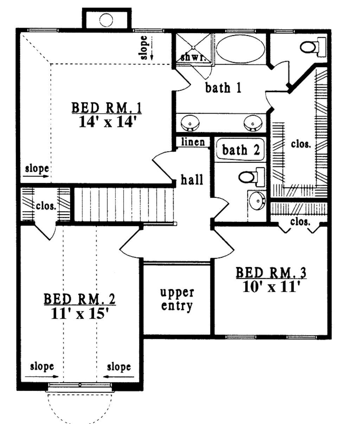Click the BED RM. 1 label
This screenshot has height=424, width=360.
tap(107, 107)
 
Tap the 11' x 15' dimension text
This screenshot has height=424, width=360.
tap(79, 313)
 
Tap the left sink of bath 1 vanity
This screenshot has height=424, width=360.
tap(190, 123)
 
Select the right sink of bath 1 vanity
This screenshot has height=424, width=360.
tap(253, 123)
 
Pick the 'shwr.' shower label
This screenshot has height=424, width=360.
tap(192, 58)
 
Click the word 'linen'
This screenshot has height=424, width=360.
tap(193, 142)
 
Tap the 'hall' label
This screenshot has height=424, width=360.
tap(192, 180)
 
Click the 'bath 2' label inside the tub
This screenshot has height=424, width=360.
tap(241, 150)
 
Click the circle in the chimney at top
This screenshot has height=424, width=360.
tap(106, 19)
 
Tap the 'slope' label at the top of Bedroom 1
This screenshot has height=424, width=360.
tap(144, 47)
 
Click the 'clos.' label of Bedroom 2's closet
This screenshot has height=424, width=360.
tap(46, 206)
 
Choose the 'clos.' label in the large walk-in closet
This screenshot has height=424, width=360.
tap(301, 144)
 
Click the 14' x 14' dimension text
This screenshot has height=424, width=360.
tap(107, 122)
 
